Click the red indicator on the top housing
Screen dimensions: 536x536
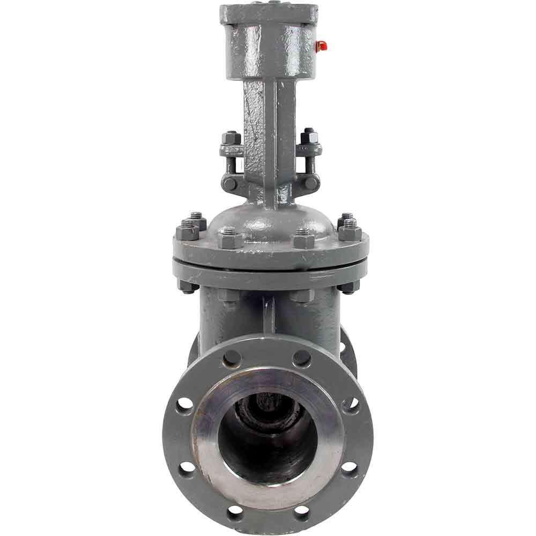click(321, 46)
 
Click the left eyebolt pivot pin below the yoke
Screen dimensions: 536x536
click(230, 183)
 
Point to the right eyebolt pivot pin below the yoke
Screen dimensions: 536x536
click(310, 183)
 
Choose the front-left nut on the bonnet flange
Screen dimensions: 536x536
click(229, 238)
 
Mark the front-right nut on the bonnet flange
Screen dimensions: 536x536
click(304, 238)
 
